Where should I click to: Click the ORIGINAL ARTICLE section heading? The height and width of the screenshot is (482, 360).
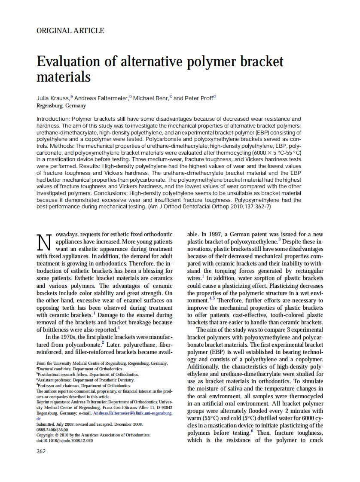point(70,31)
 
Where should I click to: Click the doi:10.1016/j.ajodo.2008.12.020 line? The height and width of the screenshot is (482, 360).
point(64,440)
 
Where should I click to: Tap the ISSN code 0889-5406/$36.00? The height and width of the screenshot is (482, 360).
point(52,429)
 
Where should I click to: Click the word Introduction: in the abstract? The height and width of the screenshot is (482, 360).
point(53,119)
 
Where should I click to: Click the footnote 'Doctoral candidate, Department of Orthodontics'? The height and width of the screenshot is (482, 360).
point(80,369)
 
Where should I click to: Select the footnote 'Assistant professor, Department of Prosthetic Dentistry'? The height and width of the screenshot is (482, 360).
point(86,380)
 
